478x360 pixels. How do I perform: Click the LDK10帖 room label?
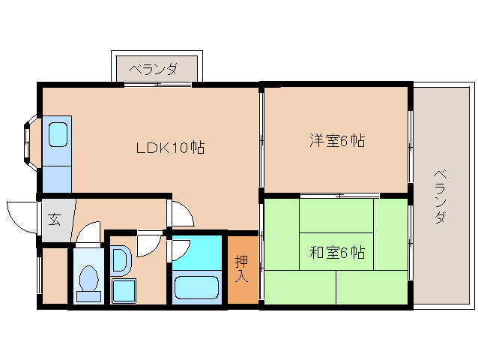click(170, 148)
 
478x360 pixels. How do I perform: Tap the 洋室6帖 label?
click(337, 140)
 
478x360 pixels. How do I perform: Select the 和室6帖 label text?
click(337, 253)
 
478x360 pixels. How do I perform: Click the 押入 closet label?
click(242, 269)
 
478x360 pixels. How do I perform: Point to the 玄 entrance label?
click(55, 220)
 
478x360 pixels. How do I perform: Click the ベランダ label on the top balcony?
click(153, 70)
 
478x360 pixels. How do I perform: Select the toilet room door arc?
click(88, 233)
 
